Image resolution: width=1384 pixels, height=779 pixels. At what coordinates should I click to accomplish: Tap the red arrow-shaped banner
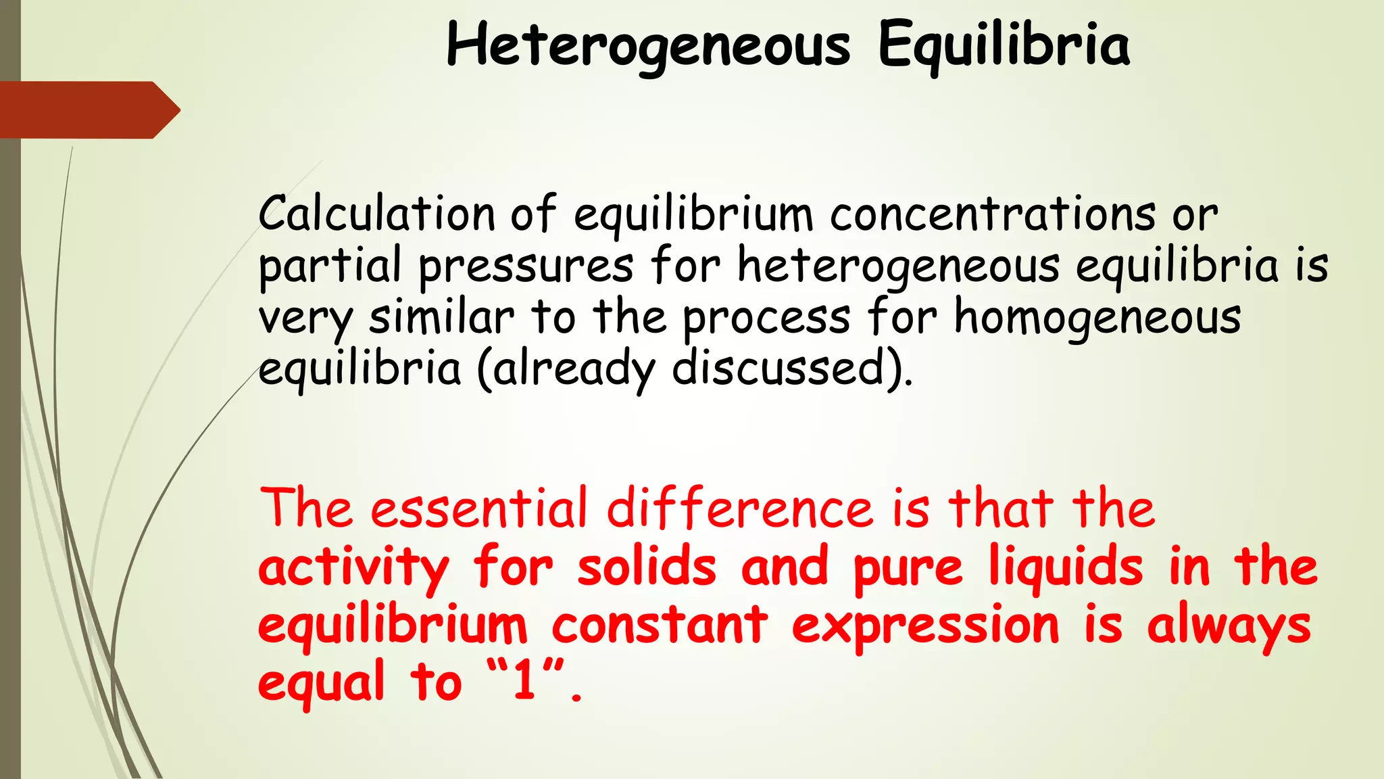(88, 110)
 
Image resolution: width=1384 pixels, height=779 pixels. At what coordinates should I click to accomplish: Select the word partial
(330, 266)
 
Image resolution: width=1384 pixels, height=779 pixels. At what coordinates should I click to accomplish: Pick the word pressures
(526, 266)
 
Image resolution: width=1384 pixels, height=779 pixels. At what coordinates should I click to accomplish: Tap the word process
(766, 318)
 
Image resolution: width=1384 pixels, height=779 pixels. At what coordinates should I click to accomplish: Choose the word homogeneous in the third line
(1097, 318)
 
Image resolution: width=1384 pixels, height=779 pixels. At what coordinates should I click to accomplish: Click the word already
(574, 370)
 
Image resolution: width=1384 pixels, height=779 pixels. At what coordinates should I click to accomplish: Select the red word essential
(479, 509)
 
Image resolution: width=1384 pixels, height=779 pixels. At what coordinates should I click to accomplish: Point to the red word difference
(740, 509)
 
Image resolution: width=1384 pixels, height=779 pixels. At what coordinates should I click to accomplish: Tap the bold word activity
(353, 568)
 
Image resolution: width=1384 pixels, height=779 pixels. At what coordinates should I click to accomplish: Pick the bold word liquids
(1066, 568)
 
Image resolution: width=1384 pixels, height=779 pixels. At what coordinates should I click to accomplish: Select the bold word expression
(925, 625)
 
